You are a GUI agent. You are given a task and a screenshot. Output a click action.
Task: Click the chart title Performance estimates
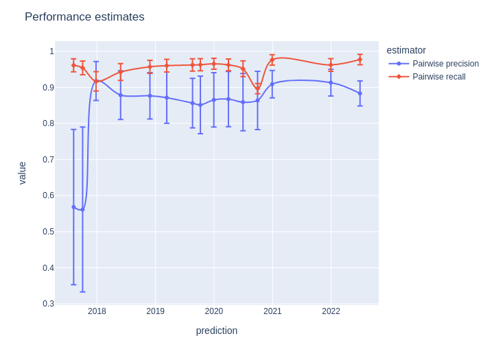(x=84, y=17)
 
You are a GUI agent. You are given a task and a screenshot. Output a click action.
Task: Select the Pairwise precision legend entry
(x=445, y=64)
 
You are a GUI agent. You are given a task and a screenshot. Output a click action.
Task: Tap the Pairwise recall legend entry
(x=438, y=77)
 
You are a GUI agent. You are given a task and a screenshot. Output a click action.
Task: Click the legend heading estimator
(x=406, y=50)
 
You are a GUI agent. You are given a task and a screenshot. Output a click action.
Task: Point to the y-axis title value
(x=22, y=173)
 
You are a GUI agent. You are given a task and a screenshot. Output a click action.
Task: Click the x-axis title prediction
(x=217, y=331)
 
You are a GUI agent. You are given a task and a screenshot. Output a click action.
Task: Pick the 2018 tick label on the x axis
(x=97, y=311)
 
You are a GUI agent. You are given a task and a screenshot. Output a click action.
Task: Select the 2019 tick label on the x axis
(x=155, y=311)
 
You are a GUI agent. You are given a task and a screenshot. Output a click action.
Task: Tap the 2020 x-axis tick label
(x=214, y=311)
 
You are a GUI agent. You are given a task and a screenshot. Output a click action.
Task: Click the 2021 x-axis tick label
(x=272, y=311)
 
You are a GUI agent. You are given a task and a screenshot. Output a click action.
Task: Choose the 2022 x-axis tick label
(x=331, y=311)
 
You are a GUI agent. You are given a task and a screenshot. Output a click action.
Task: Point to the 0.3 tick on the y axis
(x=48, y=304)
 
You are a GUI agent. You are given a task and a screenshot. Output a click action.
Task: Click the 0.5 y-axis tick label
(x=48, y=232)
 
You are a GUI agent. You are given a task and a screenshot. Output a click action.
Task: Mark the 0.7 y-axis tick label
(x=48, y=160)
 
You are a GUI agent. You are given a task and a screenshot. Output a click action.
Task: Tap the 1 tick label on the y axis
(x=51, y=51)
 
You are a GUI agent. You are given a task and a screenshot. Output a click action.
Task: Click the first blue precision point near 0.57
(x=73, y=207)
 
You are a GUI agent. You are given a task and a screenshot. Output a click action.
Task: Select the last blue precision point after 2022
(x=360, y=93)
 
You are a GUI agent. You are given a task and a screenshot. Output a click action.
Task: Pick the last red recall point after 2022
(x=360, y=60)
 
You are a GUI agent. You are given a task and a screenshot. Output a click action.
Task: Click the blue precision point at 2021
(x=272, y=84)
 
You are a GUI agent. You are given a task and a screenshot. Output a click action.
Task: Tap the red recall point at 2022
(x=331, y=65)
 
